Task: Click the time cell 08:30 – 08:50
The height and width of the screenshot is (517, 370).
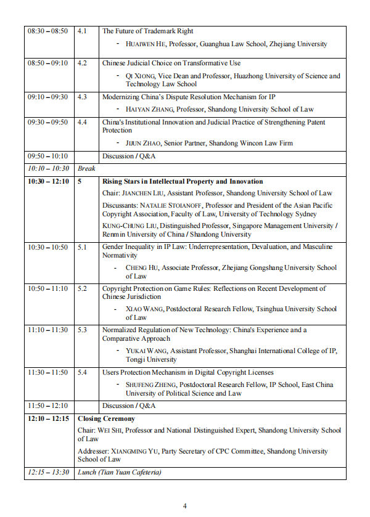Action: (47, 31)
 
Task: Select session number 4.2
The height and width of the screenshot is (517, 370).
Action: (82, 63)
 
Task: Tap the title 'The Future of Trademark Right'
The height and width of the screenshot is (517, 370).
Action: (147, 31)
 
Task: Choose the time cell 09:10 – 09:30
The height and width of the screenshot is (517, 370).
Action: (47, 97)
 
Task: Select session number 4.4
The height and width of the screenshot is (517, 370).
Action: (82, 122)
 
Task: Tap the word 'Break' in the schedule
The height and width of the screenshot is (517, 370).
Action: (86, 168)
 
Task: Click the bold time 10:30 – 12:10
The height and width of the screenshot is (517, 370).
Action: (47, 181)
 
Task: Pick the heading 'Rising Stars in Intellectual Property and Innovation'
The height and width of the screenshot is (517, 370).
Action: (183, 181)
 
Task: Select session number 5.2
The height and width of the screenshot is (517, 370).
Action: (82, 288)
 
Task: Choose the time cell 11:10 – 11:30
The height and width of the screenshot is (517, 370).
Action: (47, 330)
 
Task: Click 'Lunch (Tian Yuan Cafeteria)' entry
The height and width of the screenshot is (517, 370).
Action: (119, 473)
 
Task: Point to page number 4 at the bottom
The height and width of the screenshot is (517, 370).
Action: (185, 506)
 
